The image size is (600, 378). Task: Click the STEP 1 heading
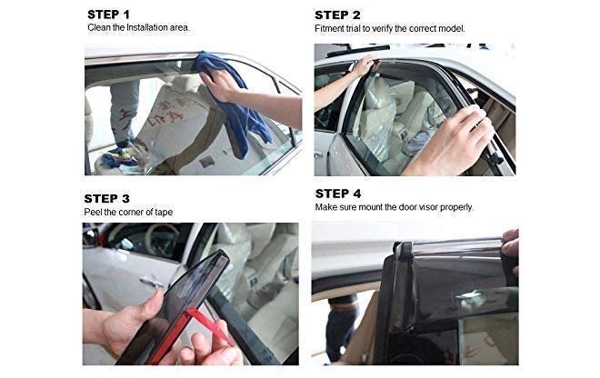click(x=109, y=15)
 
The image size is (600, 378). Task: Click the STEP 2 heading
click(x=337, y=15)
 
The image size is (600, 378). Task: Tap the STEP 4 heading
click(x=337, y=194)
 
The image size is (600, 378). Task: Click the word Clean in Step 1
click(x=99, y=28)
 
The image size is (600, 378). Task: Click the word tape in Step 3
click(x=163, y=212)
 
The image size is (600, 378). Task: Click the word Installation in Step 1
click(x=145, y=28)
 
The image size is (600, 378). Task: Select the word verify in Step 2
click(x=389, y=28)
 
